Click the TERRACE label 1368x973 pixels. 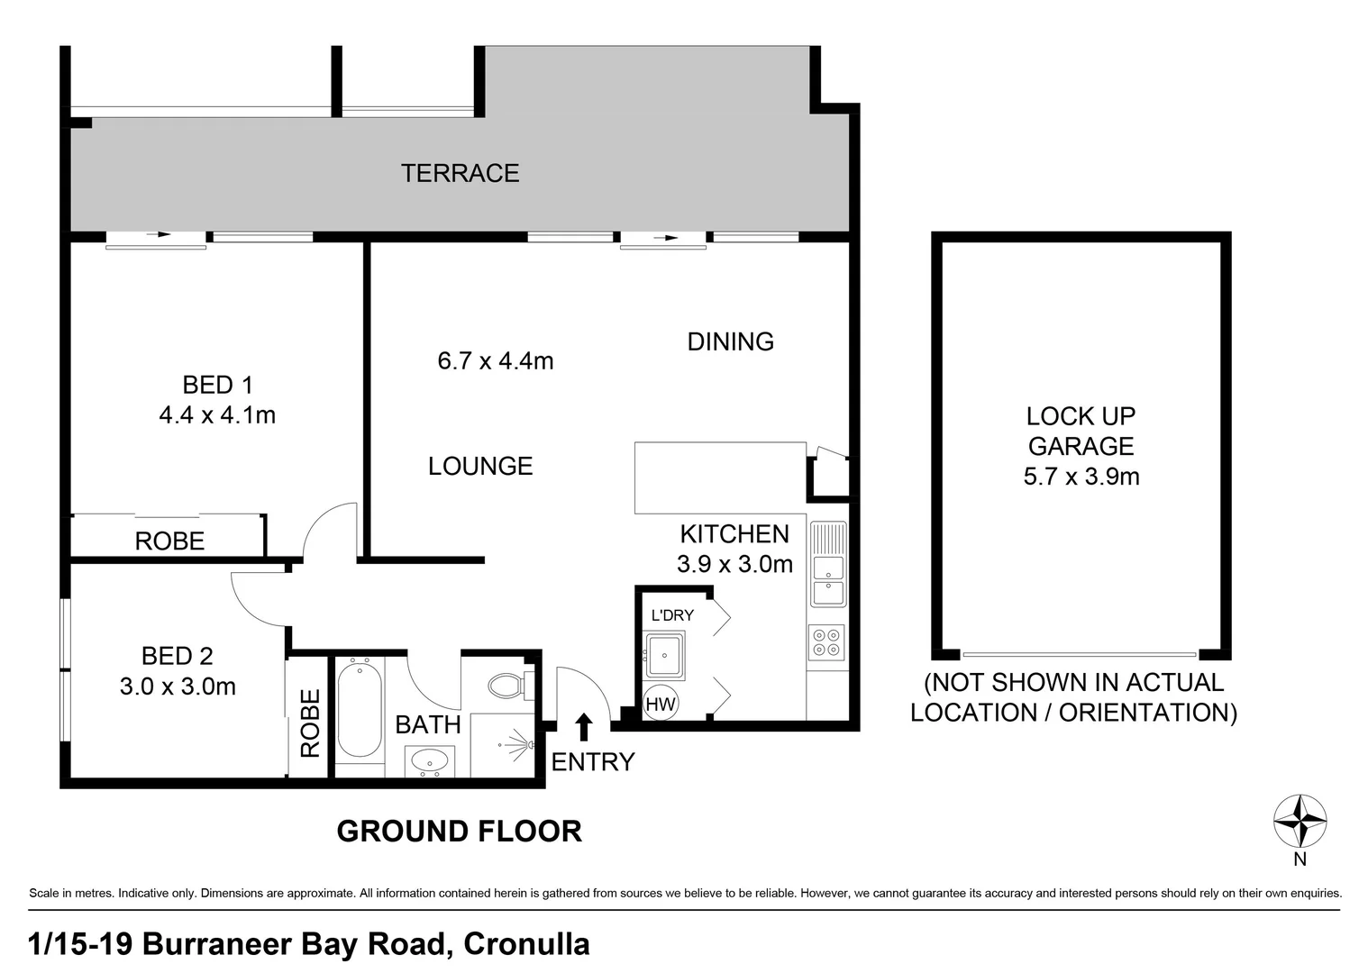click(460, 173)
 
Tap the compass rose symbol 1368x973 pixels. click(1300, 821)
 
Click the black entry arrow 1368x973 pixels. click(584, 726)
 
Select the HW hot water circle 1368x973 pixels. click(661, 705)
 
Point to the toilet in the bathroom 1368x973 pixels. click(508, 686)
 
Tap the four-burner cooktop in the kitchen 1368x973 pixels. click(826, 641)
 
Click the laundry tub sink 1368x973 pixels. click(665, 653)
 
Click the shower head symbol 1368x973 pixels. click(519, 745)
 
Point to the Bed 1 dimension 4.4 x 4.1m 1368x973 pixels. click(217, 415)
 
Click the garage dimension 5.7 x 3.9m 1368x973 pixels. click(1081, 477)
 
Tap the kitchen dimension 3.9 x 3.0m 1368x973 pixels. click(734, 565)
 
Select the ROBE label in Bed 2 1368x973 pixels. click(310, 723)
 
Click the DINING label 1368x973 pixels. click(730, 341)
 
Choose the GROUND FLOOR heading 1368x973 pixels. click(459, 831)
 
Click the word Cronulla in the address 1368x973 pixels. click(525, 943)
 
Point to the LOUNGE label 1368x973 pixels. click(480, 466)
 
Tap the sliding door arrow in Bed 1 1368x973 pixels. click(159, 235)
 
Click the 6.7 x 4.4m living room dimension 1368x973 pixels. click(495, 361)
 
